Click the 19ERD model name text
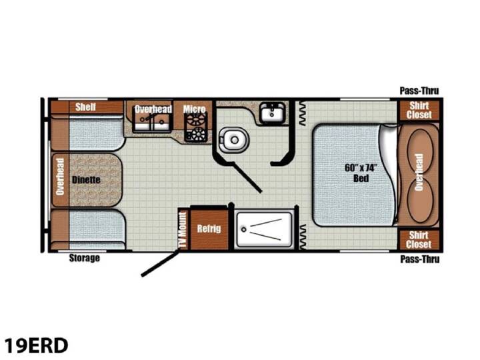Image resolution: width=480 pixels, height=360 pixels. coord(36,345)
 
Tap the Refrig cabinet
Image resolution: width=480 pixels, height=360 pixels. coord(209,229)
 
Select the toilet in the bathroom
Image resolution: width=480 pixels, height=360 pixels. coord(233,140)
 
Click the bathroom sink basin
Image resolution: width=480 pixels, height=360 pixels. coord(272,113)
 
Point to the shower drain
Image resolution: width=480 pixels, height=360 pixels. coord(244,229)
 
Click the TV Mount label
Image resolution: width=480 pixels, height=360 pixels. coord(183,229)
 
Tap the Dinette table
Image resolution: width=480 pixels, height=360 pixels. coord(96,180)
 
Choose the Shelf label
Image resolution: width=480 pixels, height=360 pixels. coord(86,107)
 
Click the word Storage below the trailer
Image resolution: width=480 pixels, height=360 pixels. coord(85,258)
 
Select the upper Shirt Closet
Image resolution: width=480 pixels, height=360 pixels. coord(419,110)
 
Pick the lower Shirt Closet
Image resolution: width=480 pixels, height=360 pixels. coord(419,240)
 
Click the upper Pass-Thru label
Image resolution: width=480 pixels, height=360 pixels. coord(419,91)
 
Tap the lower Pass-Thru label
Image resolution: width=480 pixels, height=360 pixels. coord(420,259)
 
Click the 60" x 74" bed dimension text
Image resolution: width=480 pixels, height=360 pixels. coord(360,168)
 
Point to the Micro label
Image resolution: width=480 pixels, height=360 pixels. coord(195,109)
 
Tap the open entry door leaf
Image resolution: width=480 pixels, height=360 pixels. coord(160,263)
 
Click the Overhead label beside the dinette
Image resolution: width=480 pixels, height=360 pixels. coord(60,177)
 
